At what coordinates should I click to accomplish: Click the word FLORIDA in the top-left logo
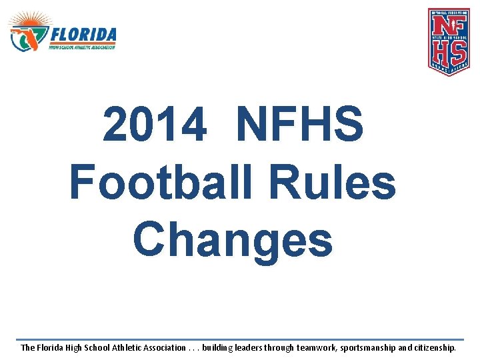click(x=83, y=35)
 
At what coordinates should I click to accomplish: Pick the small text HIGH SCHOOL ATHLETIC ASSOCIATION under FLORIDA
click(x=82, y=47)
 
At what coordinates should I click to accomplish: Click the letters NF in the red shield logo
click(x=449, y=26)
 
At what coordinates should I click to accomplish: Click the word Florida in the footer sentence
click(x=53, y=348)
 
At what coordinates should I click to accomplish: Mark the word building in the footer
click(x=219, y=348)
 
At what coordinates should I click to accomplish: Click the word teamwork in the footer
click(x=316, y=348)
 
